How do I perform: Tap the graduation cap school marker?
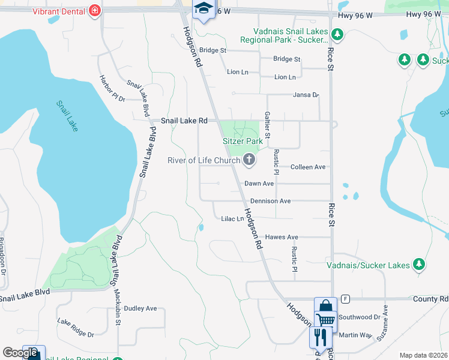pyautogui.click(x=203, y=9)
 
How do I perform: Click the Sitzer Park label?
pyautogui.click(x=243, y=141)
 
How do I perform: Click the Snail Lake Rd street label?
pyautogui.click(x=184, y=121)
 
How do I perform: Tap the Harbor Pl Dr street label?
pyautogui.click(x=112, y=89)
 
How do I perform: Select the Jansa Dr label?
pyautogui.click(x=306, y=95)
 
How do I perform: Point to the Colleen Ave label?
pyautogui.click(x=307, y=167)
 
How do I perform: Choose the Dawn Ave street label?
pyautogui.click(x=259, y=184)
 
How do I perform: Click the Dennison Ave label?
pyautogui.click(x=270, y=201)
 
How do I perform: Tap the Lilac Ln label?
pyautogui.click(x=232, y=219)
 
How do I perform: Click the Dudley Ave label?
pyautogui.click(x=140, y=308)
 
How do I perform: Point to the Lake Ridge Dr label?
pyautogui.click(x=76, y=328)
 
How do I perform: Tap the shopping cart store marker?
pyautogui.click(x=325, y=313)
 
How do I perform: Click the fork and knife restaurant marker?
pyautogui.click(x=318, y=337)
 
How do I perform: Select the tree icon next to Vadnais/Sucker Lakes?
pyautogui.click(x=419, y=265)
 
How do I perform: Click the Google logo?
pyautogui.click(x=20, y=353)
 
